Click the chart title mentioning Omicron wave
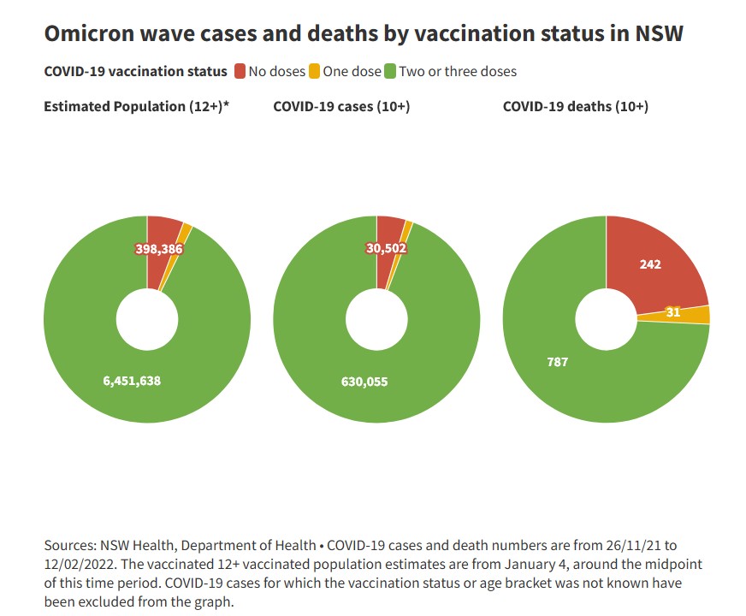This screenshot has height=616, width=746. tap(364, 33)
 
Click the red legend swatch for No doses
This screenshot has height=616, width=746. tap(240, 71)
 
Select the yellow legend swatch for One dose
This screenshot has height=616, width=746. tap(314, 71)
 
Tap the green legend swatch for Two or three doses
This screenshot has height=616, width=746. tap(390, 71)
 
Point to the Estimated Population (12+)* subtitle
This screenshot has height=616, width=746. tap(140, 107)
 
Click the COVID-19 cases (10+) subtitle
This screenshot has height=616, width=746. tap(341, 107)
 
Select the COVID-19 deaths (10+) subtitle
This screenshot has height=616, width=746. tap(575, 107)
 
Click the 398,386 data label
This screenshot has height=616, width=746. tap(159, 249)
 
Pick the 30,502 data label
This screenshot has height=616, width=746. tap(385, 249)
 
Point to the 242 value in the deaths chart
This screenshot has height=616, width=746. tap(650, 264)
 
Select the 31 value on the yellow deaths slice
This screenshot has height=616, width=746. tap(673, 312)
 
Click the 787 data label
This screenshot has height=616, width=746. tap(557, 362)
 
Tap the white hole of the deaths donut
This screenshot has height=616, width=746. tap(606, 319)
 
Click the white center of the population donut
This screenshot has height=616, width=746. tap(147, 319)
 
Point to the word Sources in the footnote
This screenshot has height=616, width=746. tap(68, 545)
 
